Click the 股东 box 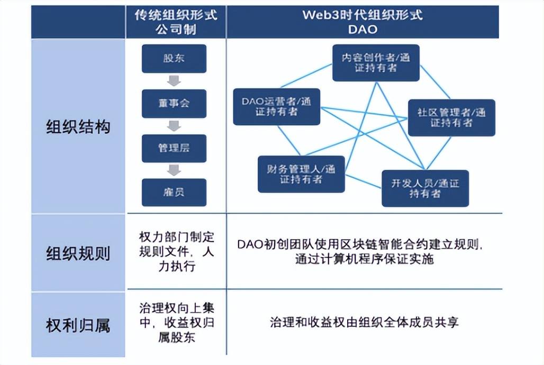174,58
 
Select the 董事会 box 174,103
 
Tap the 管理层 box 174,148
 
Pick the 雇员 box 174,192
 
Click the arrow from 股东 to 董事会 174,81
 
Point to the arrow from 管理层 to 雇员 174,170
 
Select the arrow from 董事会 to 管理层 174,126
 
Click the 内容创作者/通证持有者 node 376,63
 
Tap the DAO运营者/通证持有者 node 277,106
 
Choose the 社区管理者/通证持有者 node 451,117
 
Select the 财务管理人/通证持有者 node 301,174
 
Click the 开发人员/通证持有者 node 425,188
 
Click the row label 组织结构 78,127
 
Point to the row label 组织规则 78,253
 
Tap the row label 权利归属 78,325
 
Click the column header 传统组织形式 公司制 176,22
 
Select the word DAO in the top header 362,29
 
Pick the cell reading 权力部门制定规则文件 177,252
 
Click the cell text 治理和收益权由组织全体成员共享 364,322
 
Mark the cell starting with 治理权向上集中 177,323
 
